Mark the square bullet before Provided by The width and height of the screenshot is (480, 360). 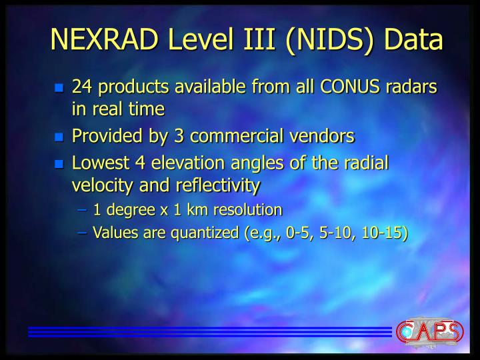pyautogui.click(x=59, y=137)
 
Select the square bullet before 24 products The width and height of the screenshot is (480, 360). pyautogui.click(x=59, y=88)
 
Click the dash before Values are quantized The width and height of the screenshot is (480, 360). pyautogui.click(x=85, y=232)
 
